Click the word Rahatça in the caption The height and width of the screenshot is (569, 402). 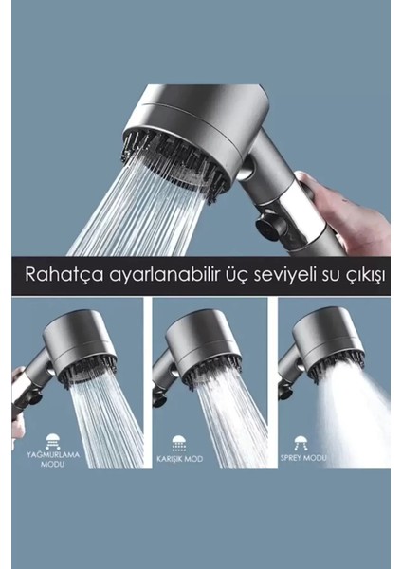point(62,275)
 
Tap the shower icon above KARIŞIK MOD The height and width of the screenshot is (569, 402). point(178,441)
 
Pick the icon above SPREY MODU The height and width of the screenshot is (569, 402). point(301,441)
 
